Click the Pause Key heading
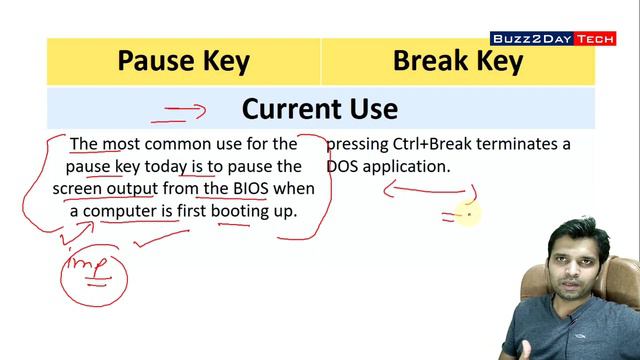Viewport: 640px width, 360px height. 183,62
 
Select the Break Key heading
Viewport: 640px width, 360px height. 458,62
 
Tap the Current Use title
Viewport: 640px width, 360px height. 319,108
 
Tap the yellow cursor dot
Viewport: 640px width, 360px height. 467,212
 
